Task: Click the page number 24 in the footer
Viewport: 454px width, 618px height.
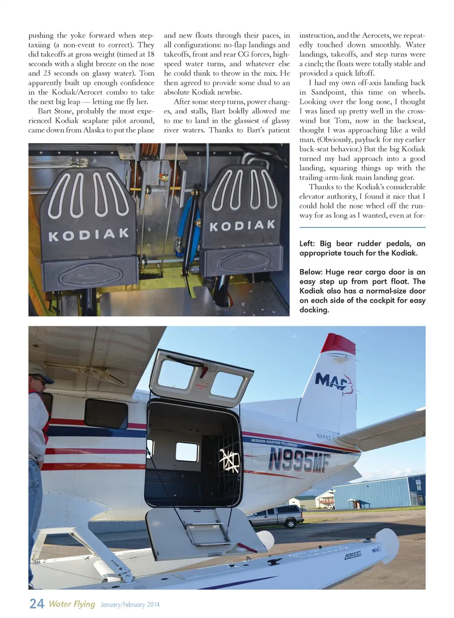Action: (36, 603)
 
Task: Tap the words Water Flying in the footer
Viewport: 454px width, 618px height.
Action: (72, 604)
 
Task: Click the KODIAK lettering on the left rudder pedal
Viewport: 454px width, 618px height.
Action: (88, 234)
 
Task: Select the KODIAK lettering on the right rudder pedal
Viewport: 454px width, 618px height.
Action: (242, 225)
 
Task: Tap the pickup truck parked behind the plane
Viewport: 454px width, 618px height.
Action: (276, 516)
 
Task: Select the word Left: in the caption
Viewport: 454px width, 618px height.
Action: (307, 243)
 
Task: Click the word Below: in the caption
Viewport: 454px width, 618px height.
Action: (311, 272)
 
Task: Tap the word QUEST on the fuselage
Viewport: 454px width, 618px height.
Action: (323, 436)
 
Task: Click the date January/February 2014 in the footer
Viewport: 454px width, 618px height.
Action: (130, 605)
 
